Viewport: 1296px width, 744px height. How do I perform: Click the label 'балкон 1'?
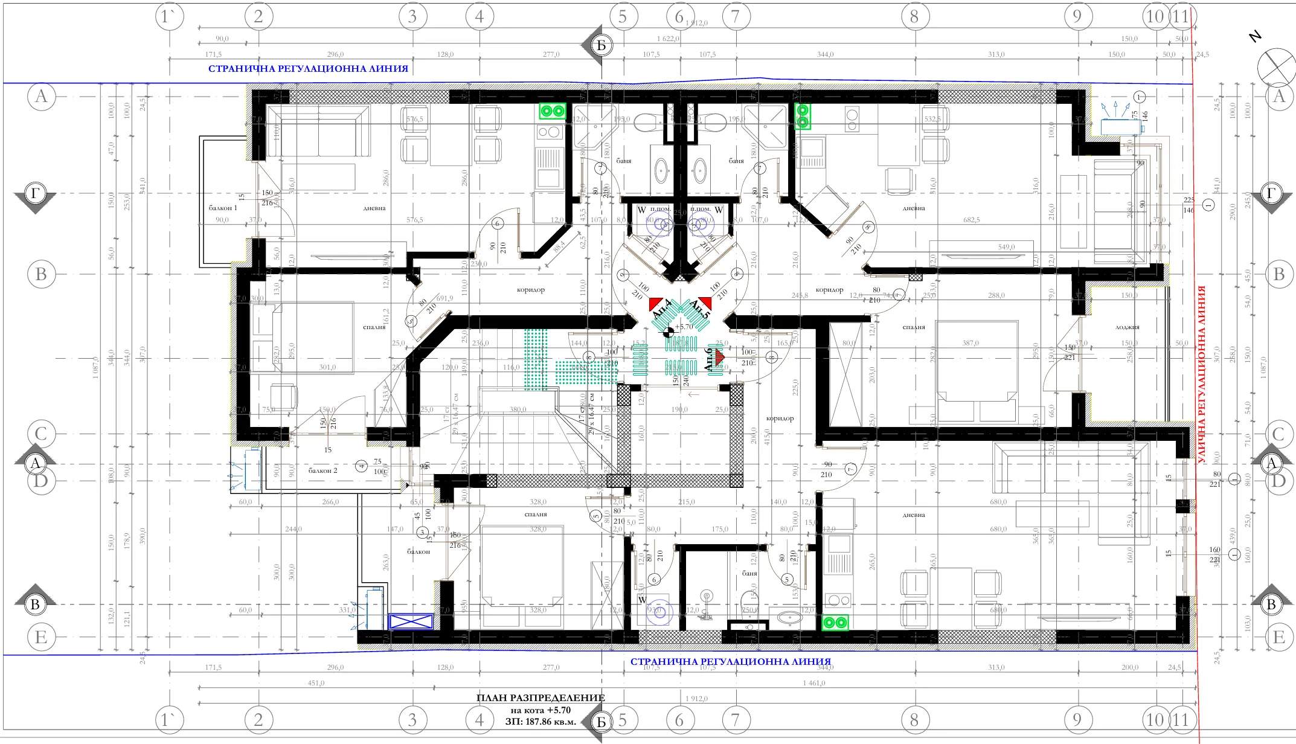click(x=223, y=208)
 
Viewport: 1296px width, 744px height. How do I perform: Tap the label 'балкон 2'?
click(x=322, y=470)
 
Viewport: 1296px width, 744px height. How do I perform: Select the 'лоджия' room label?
click(x=1127, y=327)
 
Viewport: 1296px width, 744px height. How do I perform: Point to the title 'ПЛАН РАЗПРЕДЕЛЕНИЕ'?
click(x=541, y=697)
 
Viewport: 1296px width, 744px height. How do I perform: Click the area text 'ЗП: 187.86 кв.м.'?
click(x=541, y=721)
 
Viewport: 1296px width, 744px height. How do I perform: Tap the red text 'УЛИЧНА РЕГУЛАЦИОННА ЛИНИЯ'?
click(x=1201, y=374)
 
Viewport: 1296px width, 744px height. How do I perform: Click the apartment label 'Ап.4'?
click(x=661, y=309)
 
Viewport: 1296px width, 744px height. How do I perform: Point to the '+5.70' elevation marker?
click(x=684, y=327)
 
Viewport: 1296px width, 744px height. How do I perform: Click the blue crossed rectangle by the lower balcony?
click(x=411, y=621)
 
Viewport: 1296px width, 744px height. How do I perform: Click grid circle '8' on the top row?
click(x=914, y=16)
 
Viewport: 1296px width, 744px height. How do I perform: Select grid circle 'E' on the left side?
click(x=41, y=637)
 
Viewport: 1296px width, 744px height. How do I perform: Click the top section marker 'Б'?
click(x=600, y=45)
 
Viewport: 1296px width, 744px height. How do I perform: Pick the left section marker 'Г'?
click(x=35, y=194)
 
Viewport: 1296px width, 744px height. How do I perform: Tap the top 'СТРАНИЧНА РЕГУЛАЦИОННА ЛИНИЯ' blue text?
click(x=308, y=69)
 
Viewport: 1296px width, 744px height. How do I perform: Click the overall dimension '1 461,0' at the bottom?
click(x=813, y=683)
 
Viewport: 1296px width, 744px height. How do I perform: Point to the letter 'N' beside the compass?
click(x=1255, y=36)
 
